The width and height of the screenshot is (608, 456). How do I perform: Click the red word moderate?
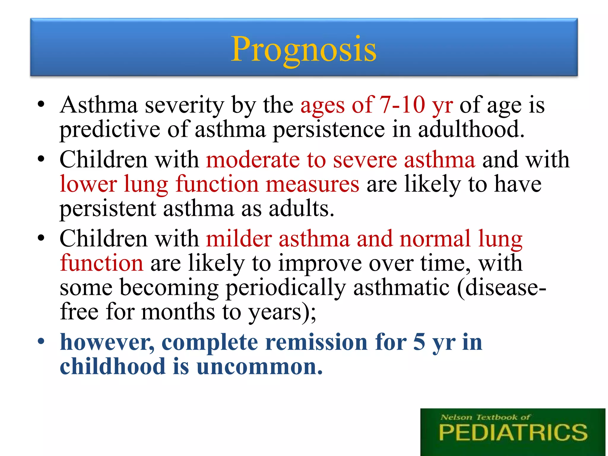(253, 160)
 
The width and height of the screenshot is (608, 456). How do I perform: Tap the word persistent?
(108, 209)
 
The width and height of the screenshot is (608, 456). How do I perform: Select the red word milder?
(239, 239)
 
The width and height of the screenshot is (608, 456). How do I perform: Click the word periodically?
(286, 288)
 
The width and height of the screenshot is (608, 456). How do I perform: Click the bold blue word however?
(107, 342)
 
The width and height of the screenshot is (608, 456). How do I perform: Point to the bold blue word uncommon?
(259, 367)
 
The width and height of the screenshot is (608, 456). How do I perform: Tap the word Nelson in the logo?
(456, 417)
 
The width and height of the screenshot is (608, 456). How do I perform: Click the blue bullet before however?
(41, 341)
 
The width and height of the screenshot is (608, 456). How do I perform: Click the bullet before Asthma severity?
(41, 104)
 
